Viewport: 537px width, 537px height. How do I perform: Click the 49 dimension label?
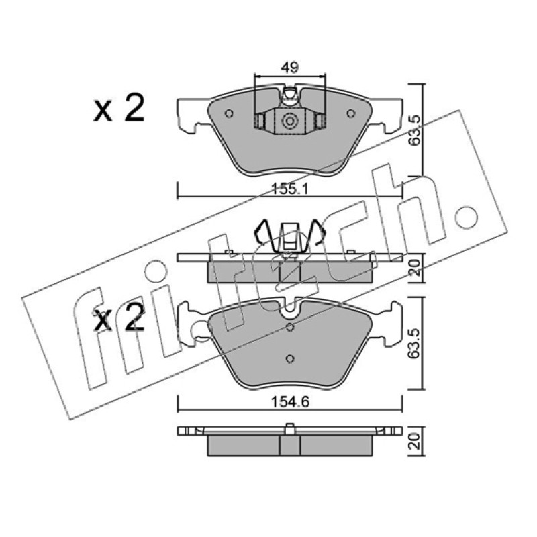tap(289, 68)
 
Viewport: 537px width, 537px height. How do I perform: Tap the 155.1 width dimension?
tap(290, 189)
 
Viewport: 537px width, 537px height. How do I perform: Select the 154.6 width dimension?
tap(290, 402)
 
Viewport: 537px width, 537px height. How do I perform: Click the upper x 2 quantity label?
tap(119, 108)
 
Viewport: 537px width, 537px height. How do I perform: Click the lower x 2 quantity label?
tap(119, 319)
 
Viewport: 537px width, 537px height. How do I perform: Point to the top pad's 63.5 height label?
tap(414, 130)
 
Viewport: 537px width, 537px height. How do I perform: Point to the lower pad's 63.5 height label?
tap(414, 344)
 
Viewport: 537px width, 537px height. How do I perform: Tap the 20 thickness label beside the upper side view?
tap(415, 268)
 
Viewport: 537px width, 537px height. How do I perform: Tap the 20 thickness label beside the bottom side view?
tap(415, 441)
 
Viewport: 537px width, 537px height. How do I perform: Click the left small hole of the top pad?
tap(229, 113)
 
